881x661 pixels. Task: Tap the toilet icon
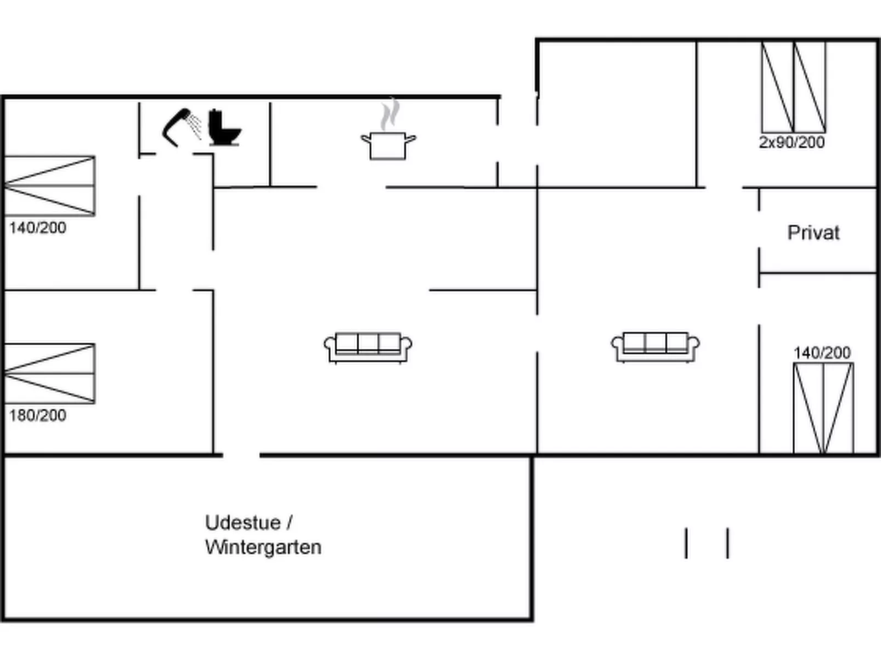pyautogui.click(x=224, y=127)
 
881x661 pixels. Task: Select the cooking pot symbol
pyautogui.click(x=388, y=146)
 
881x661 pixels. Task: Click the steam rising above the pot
pyautogui.click(x=390, y=115)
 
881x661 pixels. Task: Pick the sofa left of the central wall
pyautogui.click(x=368, y=348)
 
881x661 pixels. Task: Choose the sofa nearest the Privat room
pyautogui.click(x=655, y=347)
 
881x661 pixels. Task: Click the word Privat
pyautogui.click(x=813, y=233)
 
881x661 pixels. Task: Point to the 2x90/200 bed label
pyautogui.click(x=792, y=143)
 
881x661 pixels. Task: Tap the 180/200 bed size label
pyautogui.click(x=38, y=415)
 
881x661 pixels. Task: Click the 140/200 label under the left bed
pyautogui.click(x=38, y=228)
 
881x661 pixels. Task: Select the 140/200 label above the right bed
pyautogui.click(x=822, y=353)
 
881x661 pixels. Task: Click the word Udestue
pyautogui.click(x=243, y=523)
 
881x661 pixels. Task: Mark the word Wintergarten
pyautogui.click(x=263, y=547)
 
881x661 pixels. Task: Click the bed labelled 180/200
pyautogui.click(x=50, y=374)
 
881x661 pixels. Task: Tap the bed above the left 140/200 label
pyautogui.click(x=50, y=186)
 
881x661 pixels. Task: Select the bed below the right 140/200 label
pyautogui.click(x=823, y=408)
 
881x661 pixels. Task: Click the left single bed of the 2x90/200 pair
pyautogui.click(x=777, y=87)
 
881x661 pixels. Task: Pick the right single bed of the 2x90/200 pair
pyautogui.click(x=810, y=87)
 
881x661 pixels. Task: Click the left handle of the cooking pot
pyautogui.click(x=366, y=139)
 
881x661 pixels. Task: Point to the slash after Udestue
pyautogui.click(x=290, y=523)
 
